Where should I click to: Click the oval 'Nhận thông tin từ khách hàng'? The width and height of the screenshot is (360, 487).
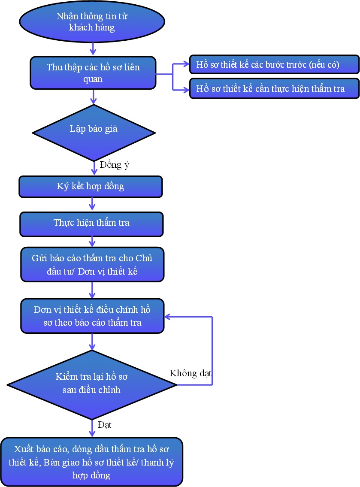click(x=92, y=23)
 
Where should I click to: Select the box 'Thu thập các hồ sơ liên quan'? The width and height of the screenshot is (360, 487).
click(x=93, y=73)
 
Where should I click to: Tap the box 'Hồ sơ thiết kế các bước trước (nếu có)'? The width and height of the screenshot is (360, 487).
click(x=274, y=65)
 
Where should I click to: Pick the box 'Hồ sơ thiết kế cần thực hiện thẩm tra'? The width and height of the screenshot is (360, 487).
click(x=274, y=89)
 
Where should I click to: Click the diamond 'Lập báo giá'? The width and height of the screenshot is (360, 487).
click(x=93, y=129)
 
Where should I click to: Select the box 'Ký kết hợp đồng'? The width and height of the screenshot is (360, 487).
click(x=91, y=186)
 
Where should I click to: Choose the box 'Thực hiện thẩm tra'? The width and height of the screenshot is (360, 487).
click(x=91, y=223)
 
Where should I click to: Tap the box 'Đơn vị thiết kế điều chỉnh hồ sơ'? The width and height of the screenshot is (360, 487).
click(x=92, y=316)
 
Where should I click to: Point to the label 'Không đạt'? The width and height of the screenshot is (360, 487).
click(x=191, y=372)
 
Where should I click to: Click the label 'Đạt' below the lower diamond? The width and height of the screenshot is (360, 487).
click(x=104, y=425)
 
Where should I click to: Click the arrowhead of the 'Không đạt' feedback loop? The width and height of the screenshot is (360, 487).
click(x=168, y=317)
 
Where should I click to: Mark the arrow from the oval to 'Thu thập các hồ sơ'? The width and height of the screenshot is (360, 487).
click(x=93, y=49)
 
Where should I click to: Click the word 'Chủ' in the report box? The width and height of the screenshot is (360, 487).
click(x=144, y=259)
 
